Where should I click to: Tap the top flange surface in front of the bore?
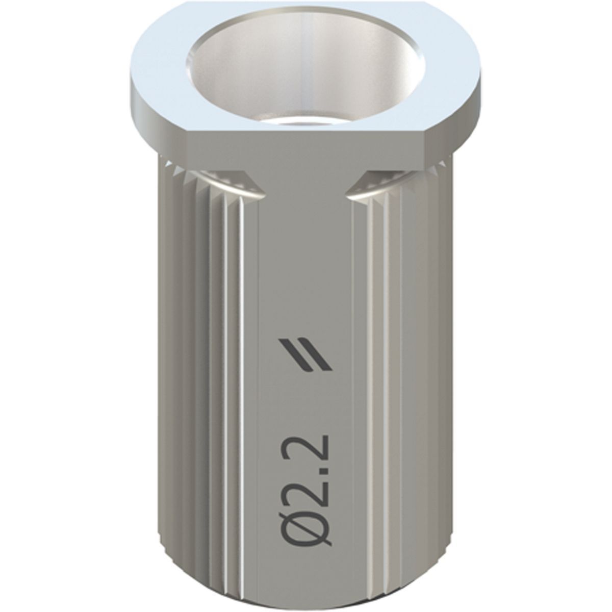tap(306, 127)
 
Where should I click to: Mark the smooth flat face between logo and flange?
tap(306, 255)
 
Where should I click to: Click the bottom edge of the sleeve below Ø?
tap(306, 586)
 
